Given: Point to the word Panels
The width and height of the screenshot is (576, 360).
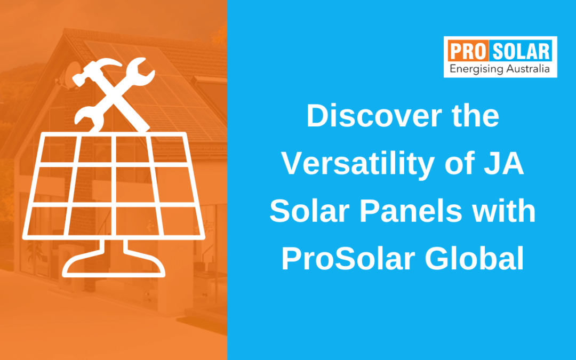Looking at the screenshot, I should [410, 212].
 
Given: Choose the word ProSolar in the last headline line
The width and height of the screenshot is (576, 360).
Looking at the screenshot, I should [347, 259].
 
